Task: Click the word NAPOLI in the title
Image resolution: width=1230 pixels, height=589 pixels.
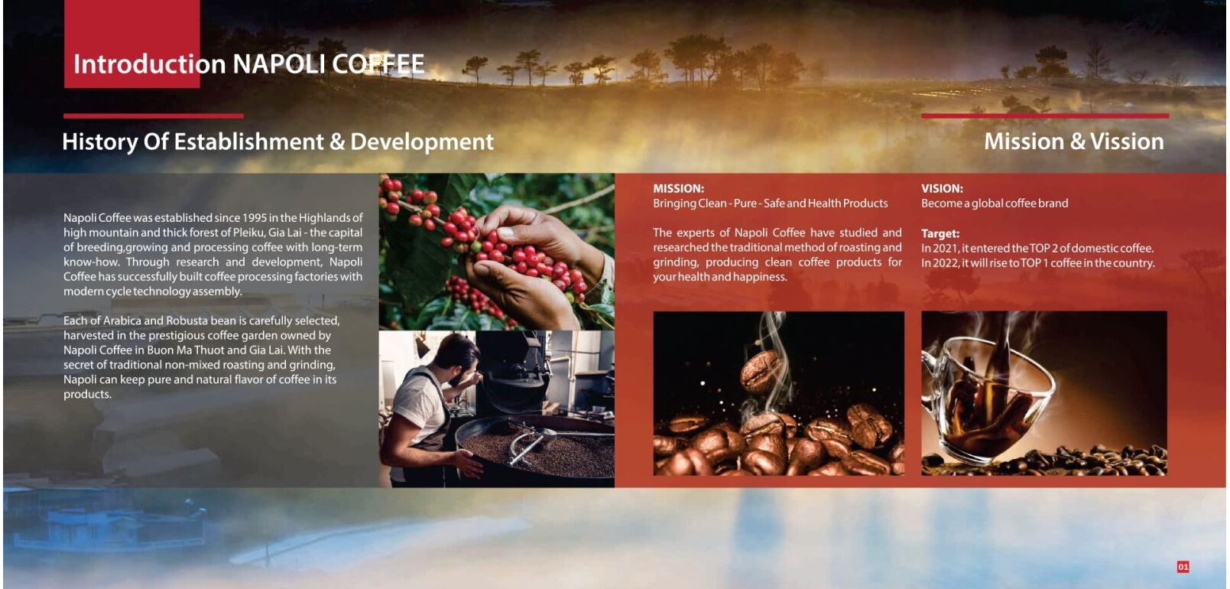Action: [x=278, y=64]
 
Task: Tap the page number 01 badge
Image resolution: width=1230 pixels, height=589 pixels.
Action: [x=1183, y=567]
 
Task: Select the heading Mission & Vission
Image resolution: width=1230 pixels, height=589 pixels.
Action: [x=1073, y=142]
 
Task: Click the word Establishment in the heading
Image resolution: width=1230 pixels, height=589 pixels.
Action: [x=248, y=142]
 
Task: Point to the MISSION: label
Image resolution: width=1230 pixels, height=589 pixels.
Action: [x=678, y=188]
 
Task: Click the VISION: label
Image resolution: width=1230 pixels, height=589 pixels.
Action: [x=942, y=188]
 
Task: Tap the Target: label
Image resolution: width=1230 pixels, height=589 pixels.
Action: [x=940, y=233]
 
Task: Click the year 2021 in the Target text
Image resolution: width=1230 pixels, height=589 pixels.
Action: [x=945, y=248]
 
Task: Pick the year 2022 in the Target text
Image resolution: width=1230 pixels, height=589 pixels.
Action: [x=946, y=262]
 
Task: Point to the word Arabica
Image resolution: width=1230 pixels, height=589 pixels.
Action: [x=122, y=321]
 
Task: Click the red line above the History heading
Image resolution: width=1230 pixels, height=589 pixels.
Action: [x=153, y=116]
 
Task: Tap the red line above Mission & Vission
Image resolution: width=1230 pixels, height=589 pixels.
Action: [x=1045, y=116]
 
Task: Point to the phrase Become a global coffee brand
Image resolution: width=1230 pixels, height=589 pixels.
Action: [x=995, y=203]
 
